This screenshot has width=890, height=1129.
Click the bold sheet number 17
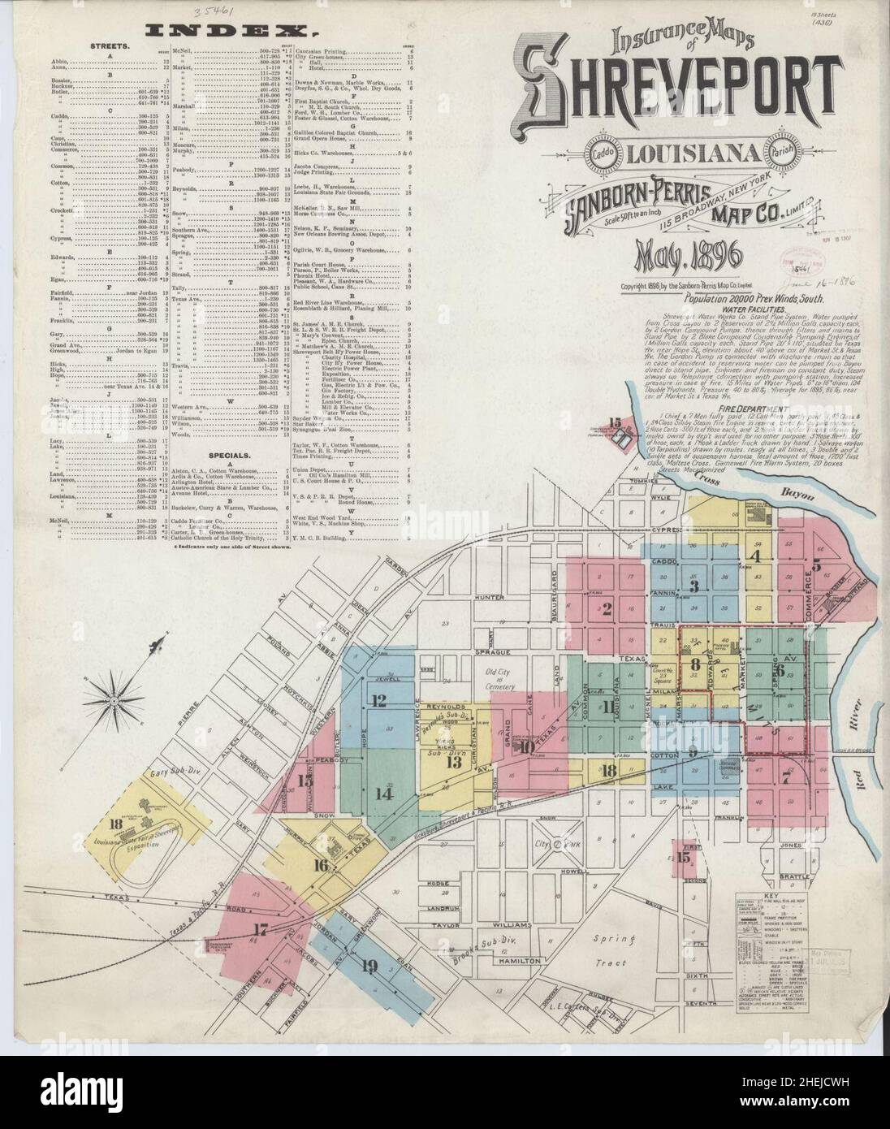tap(261, 929)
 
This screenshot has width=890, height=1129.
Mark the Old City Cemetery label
tap(507, 676)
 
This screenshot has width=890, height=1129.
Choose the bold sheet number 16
tap(322, 865)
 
